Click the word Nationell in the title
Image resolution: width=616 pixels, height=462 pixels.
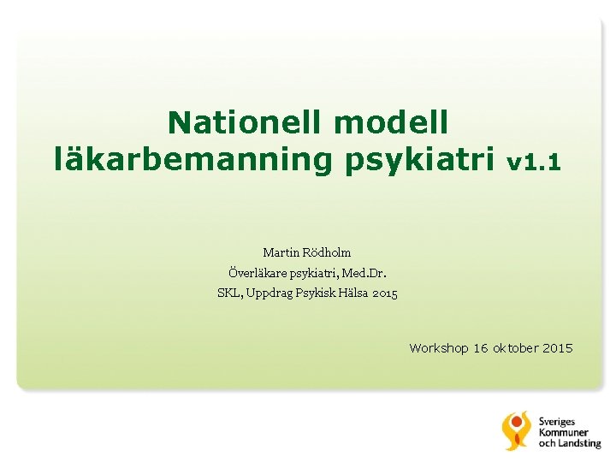point(245,122)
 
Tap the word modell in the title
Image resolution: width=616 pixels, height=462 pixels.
point(391,122)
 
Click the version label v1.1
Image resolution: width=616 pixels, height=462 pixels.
point(534,161)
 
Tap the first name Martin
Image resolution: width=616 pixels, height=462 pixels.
point(279,252)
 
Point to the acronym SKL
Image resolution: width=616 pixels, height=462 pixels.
point(228,293)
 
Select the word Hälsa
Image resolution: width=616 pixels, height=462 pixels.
point(358,293)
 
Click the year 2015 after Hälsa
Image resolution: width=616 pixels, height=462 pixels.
point(386,293)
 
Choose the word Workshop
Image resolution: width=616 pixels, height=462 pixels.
point(438,348)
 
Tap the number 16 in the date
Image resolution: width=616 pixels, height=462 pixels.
point(480,348)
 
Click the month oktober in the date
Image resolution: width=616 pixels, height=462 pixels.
point(515,348)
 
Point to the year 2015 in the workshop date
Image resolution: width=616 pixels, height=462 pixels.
point(558,348)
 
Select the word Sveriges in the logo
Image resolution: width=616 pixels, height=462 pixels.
point(557,421)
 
